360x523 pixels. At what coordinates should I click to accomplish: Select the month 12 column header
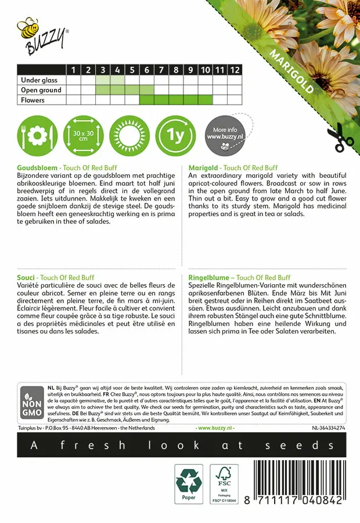point(234,70)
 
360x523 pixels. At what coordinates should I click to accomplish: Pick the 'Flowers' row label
point(33,100)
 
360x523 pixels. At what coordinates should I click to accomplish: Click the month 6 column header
point(147,70)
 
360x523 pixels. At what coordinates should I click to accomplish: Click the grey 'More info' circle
point(225,137)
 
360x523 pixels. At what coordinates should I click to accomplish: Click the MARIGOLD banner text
point(291,71)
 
